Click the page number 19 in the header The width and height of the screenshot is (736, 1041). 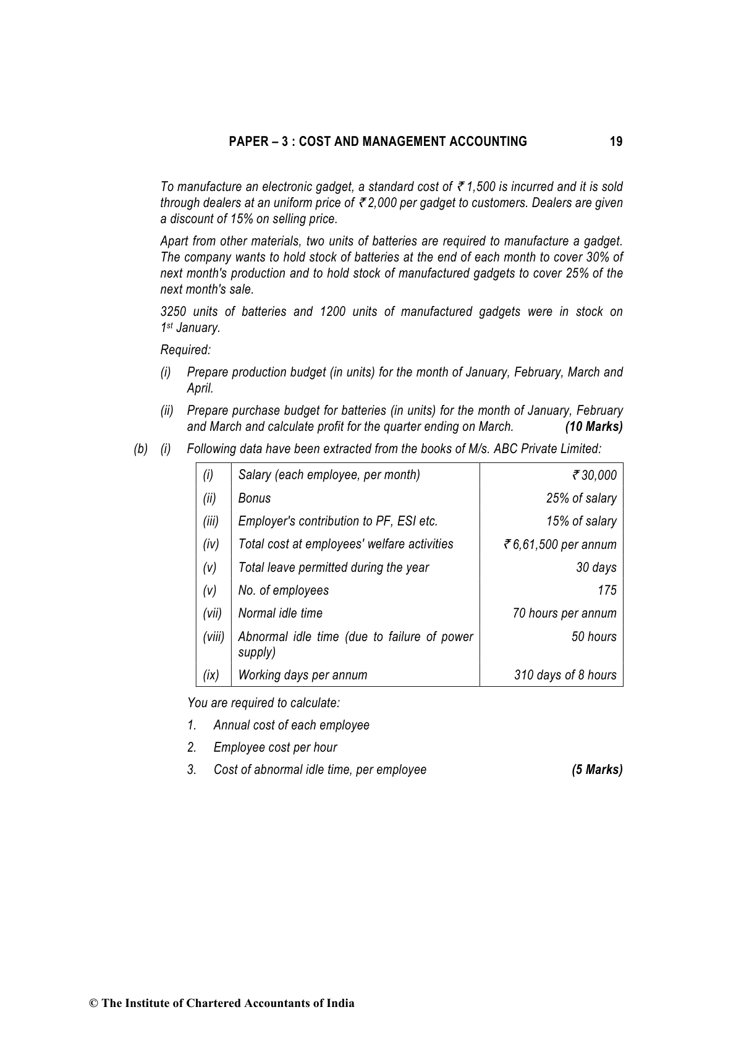point(615,142)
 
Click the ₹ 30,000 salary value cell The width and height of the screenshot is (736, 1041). point(594,475)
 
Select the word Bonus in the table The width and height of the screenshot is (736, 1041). point(254,498)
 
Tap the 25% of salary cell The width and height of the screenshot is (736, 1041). point(581,498)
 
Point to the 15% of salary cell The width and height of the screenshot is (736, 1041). point(581,521)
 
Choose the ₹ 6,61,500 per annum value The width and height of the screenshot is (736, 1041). point(560,545)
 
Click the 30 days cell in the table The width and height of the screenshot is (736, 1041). point(596,567)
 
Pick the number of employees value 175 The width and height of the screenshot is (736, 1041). point(607,590)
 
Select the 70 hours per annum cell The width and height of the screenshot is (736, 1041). point(564,613)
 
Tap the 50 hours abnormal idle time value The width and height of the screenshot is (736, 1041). point(593,637)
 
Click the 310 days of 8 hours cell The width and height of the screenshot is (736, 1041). point(565,675)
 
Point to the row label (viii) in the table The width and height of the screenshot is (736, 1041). point(213,637)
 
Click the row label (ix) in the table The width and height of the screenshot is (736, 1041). point(211,675)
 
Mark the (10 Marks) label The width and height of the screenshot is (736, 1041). point(593,427)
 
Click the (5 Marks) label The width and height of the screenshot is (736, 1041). point(597,770)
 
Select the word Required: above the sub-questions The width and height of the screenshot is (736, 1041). point(185,350)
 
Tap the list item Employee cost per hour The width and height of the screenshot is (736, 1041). point(275,747)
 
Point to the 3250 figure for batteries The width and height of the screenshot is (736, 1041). point(174,312)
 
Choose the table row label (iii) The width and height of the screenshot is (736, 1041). point(211,521)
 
